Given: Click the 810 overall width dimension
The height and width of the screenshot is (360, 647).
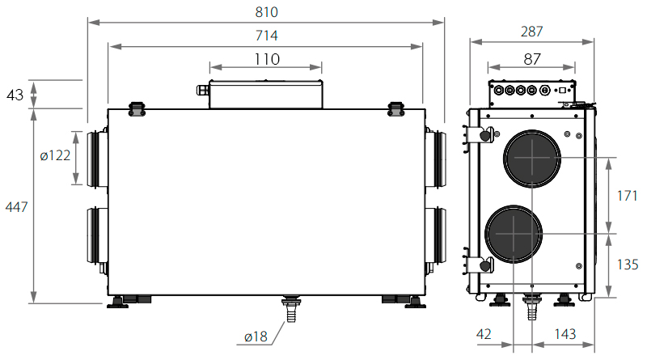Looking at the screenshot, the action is point(267,12).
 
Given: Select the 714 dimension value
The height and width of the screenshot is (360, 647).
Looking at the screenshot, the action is point(267,36).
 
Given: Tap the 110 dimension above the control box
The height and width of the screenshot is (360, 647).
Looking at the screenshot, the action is point(267,59).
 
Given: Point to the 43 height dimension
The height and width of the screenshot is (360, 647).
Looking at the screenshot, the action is point(15,95).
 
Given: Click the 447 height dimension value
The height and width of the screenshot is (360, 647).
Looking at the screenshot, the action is point(16,206).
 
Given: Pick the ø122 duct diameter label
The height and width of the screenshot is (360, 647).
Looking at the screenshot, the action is point(55,155).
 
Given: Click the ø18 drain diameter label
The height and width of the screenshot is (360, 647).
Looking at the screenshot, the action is point(256,337).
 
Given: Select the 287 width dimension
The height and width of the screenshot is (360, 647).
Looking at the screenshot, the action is point(532,32).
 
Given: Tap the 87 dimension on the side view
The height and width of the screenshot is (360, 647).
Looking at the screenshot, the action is point(532,59).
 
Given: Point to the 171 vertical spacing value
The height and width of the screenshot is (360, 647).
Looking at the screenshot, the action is point(628,195).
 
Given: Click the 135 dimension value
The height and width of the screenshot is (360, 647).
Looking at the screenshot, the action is point(628,265).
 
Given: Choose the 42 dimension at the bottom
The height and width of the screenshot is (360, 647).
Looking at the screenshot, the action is point(484,333).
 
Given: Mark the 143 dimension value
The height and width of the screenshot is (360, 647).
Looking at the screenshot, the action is point(565,333).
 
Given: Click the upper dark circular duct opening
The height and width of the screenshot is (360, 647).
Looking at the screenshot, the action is point(532,159).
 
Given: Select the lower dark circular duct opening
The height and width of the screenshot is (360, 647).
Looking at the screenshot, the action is point(514,234).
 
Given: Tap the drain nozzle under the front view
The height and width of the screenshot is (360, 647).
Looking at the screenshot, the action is point(291,309).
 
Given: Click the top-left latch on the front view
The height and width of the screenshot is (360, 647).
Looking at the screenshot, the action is point(137,109).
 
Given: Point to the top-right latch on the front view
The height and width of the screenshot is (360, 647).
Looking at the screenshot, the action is point(396,109).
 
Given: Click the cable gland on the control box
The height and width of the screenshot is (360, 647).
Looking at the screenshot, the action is point(203,90).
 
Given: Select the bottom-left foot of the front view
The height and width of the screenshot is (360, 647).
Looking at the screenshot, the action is point(117,303).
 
